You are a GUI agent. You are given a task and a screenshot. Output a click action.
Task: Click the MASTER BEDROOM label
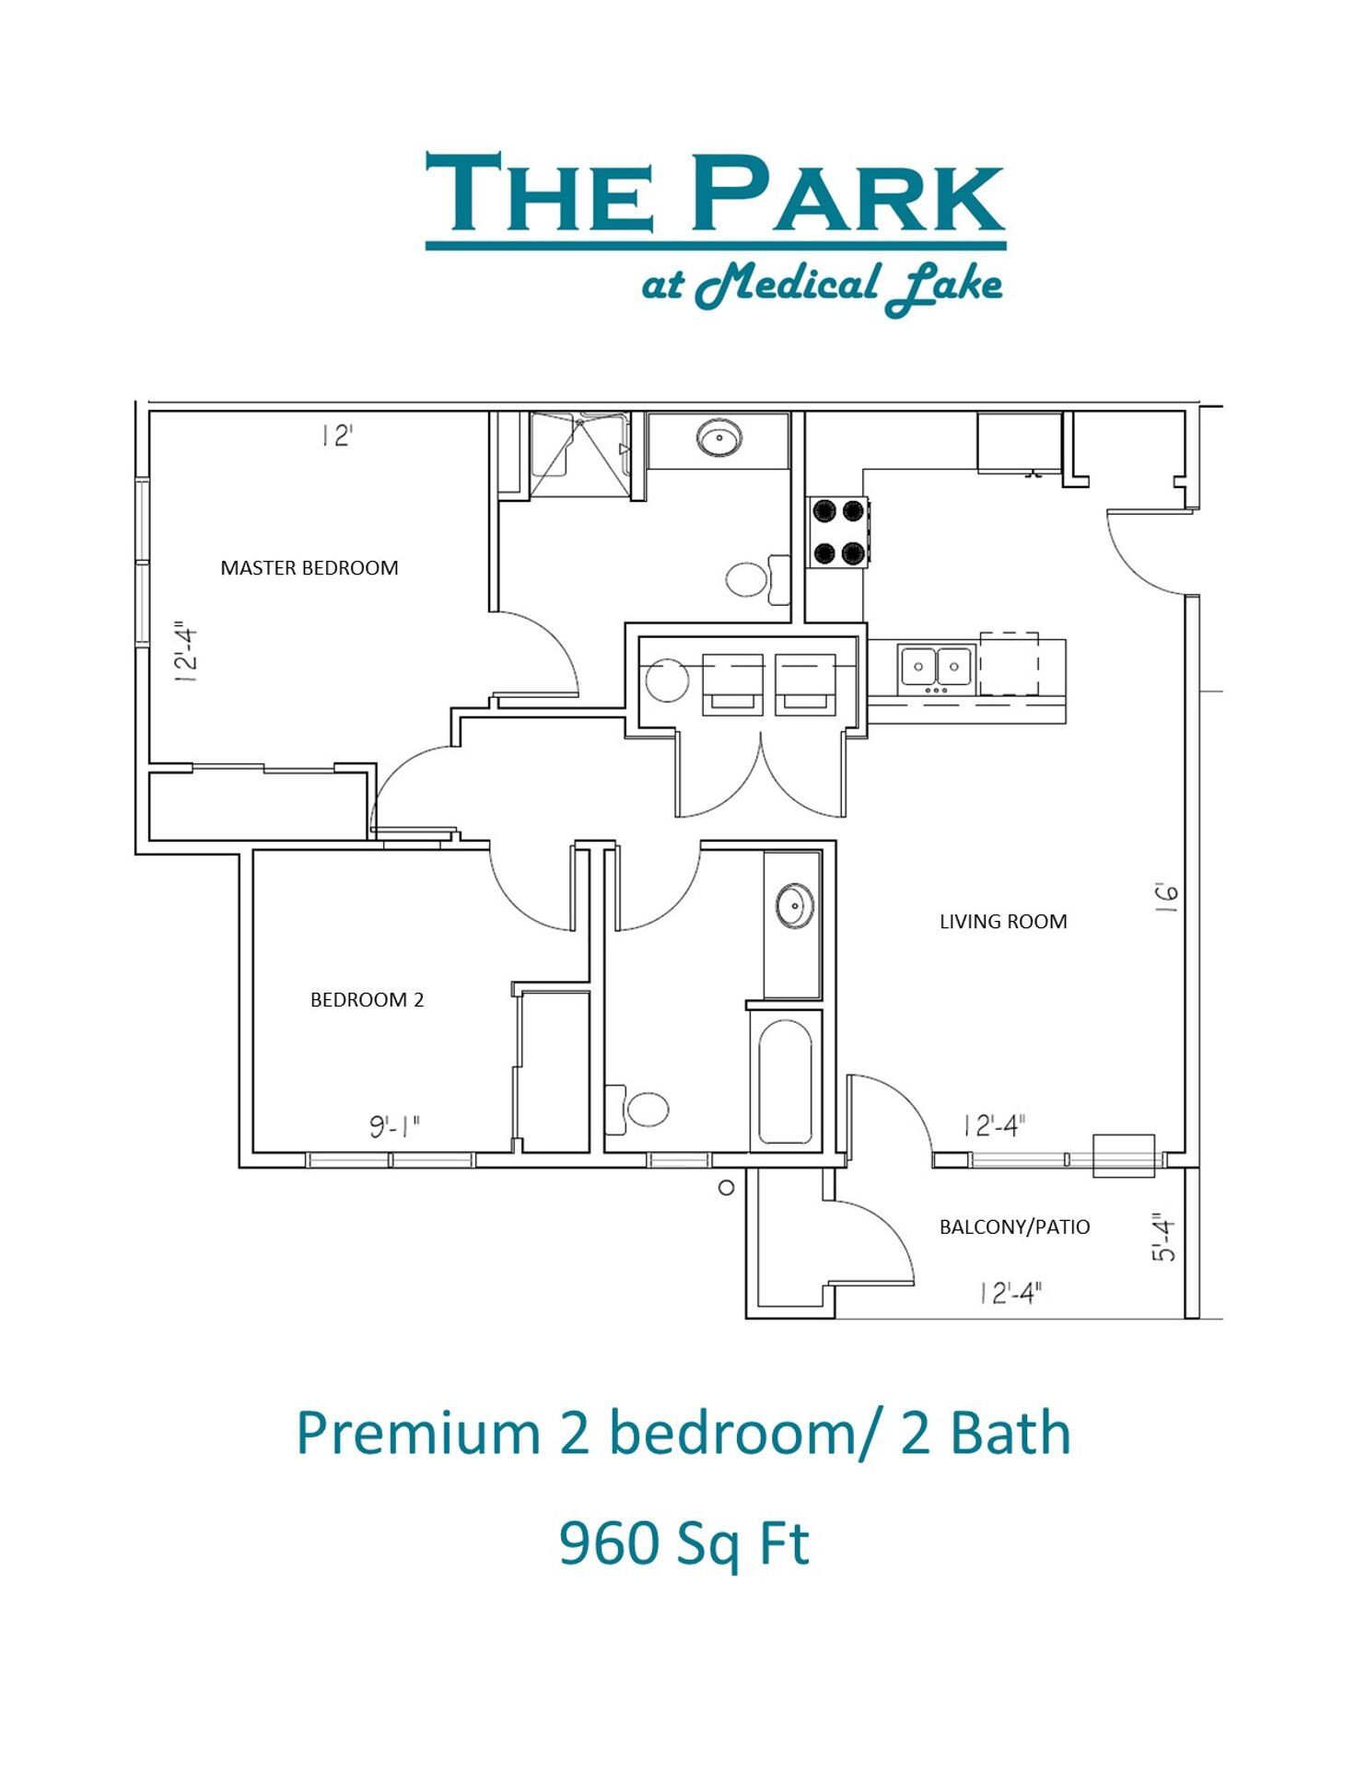(310, 568)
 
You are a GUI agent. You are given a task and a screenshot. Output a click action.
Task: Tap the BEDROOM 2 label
(367, 1000)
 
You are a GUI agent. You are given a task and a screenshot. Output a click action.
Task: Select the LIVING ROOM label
(1003, 922)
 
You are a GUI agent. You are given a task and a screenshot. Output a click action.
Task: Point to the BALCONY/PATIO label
(1014, 1227)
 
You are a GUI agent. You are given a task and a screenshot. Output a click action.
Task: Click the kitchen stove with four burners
(838, 532)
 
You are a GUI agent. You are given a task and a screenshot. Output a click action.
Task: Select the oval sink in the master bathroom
(719, 438)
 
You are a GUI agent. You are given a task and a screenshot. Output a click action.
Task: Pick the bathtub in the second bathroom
(785, 1081)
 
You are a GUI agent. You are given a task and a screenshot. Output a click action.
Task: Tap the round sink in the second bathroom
(794, 906)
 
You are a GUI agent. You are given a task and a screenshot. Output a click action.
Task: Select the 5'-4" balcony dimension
(1164, 1239)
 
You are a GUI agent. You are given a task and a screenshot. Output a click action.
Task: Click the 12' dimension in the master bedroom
(337, 436)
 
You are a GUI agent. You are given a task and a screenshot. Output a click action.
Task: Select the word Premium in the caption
(417, 1434)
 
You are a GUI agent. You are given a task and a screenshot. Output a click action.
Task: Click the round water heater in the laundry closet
(668, 680)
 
